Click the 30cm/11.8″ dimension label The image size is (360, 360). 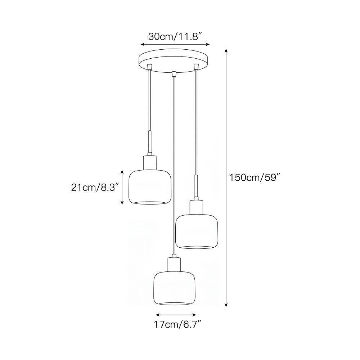click(175, 36)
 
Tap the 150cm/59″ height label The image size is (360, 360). click(255, 177)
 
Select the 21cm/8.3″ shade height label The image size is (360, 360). click(95, 187)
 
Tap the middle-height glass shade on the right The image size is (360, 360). click(196, 231)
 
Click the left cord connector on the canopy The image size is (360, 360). click(150, 67)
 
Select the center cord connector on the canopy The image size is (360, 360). click(174, 74)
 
